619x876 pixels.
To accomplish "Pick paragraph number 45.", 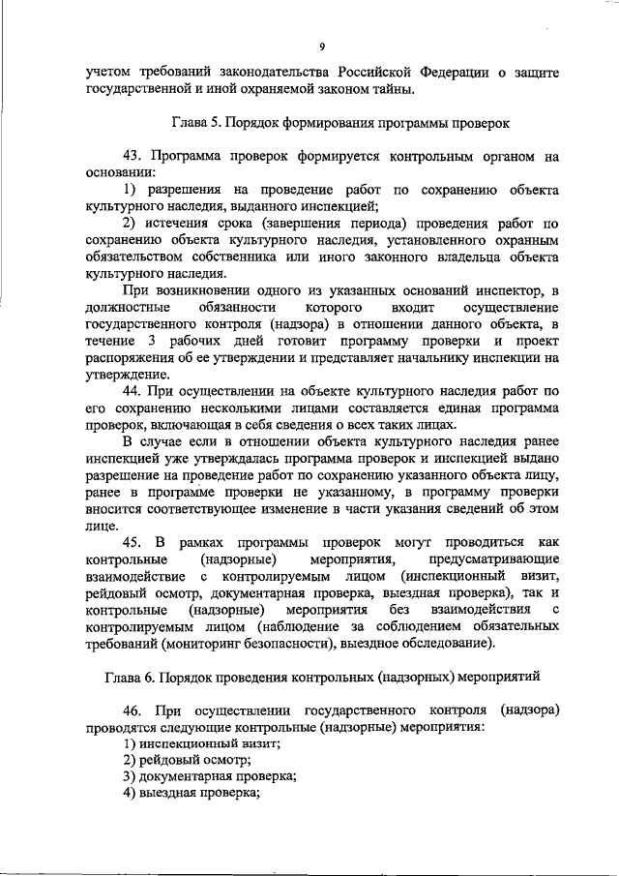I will click(133, 543).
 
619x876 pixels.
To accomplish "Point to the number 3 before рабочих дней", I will click(152, 342).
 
